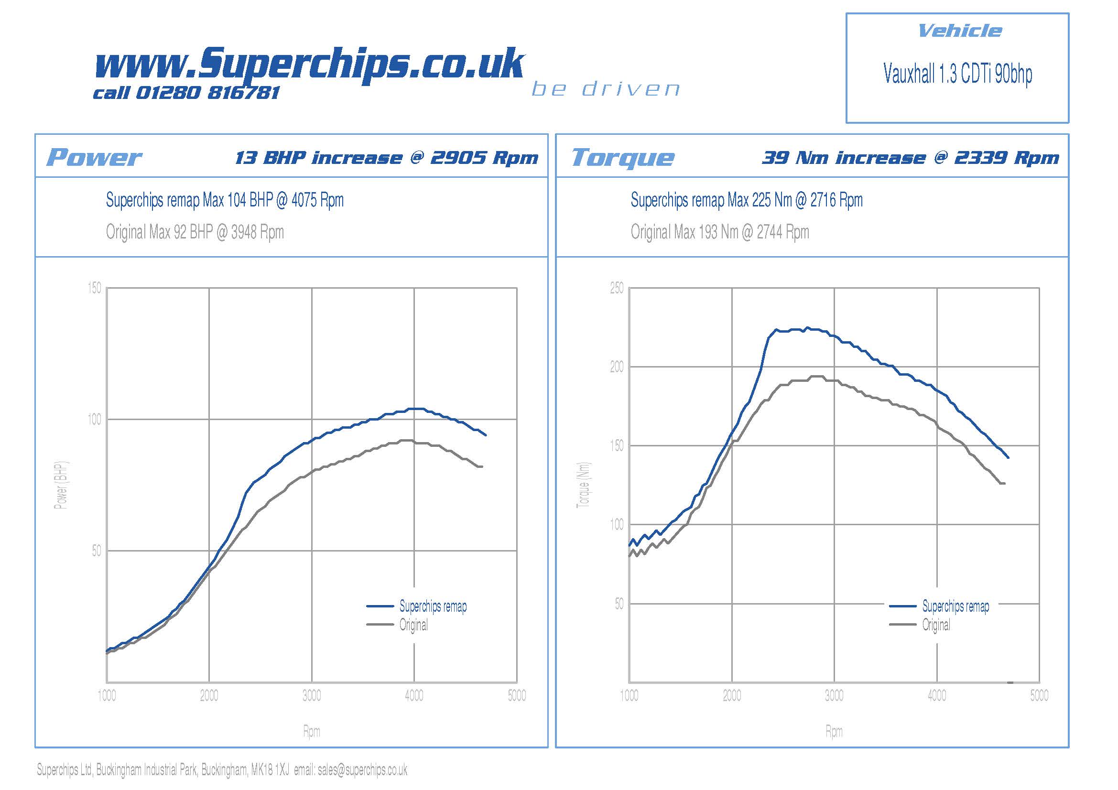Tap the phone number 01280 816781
[207, 93]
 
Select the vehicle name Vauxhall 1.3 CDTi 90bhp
[957, 74]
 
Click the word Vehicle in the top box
[959, 31]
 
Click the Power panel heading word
[94, 157]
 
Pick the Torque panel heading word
[623, 158]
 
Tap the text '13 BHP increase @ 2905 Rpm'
[387, 158]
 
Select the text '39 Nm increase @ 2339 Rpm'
[910, 158]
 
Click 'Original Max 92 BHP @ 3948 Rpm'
[195, 232]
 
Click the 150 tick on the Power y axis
[95, 288]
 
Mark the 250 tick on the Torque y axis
[617, 288]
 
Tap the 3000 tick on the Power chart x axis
[312, 695]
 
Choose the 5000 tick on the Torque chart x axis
[1039, 695]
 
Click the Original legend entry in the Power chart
[413, 625]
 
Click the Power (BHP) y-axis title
[61, 485]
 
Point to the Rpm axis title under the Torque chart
[834, 731]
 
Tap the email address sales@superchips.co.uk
[362, 769]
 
